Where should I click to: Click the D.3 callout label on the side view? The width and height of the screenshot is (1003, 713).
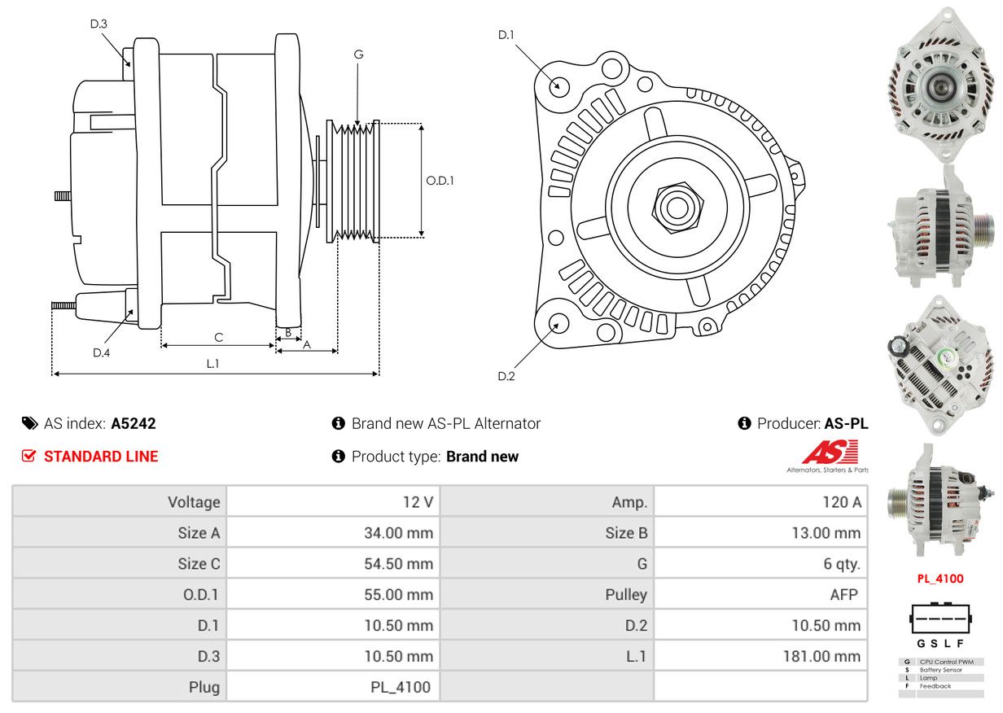[x=99, y=24]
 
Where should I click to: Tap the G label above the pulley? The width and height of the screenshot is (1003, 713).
[x=358, y=55]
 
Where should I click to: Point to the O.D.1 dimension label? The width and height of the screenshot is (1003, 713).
[x=440, y=181]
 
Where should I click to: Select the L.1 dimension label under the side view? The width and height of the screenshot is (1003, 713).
[x=212, y=364]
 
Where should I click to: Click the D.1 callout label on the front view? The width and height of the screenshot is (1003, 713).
[x=506, y=34]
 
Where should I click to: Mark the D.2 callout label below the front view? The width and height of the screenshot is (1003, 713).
[x=506, y=376]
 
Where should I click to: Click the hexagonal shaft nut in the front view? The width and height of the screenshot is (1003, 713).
[x=677, y=208]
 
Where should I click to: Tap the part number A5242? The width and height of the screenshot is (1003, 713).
[x=134, y=423]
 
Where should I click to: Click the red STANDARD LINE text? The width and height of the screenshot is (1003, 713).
[x=101, y=457]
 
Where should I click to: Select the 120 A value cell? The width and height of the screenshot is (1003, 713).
[x=760, y=502]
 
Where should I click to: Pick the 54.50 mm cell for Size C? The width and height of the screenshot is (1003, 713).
[x=333, y=564]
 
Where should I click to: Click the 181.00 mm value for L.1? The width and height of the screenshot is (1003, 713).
[x=821, y=657]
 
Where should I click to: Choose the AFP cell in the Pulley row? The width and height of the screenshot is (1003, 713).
[x=760, y=595]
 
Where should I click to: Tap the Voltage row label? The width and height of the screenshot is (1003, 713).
[x=194, y=502]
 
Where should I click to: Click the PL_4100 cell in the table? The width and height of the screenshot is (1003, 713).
[x=333, y=688]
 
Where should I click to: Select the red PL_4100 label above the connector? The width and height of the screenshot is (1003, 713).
[x=939, y=579]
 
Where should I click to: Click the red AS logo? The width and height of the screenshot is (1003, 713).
[x=830, y=452]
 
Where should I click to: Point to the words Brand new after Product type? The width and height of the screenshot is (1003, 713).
[x=482, y=457]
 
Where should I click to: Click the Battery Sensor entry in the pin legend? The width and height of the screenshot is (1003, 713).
[x=941, y=670]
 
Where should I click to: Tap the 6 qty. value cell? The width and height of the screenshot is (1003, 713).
[x=760, y=564]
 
